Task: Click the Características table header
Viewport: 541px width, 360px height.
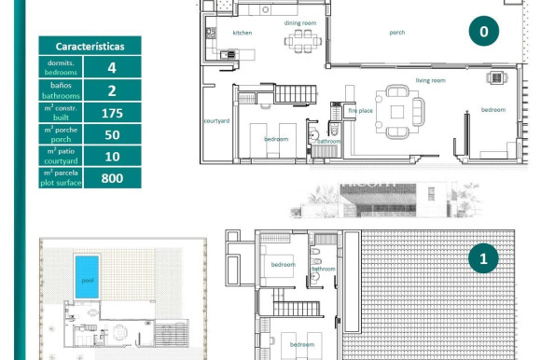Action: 90,46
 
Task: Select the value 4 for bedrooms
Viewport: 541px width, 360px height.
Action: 112,67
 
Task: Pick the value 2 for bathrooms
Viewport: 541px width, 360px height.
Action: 112,90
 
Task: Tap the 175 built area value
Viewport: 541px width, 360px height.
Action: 112,112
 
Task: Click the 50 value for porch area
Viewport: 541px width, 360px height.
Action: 112,134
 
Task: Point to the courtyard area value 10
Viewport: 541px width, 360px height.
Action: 112,156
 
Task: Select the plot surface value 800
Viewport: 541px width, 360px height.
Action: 112,177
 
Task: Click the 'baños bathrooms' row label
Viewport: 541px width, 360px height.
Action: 62,90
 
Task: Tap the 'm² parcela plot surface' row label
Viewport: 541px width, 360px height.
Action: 62,177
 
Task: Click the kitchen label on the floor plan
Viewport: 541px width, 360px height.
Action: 242,33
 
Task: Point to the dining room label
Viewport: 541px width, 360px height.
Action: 300,22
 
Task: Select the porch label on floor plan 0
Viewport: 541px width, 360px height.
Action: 397,33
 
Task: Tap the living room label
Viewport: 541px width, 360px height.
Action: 430,80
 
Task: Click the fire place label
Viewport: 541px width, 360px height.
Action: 360,111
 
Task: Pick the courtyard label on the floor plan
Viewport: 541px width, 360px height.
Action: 216,120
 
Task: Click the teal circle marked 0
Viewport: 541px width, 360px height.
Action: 483,32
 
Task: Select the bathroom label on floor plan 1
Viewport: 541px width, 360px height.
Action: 323,269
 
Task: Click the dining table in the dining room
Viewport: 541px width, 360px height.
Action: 300,39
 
